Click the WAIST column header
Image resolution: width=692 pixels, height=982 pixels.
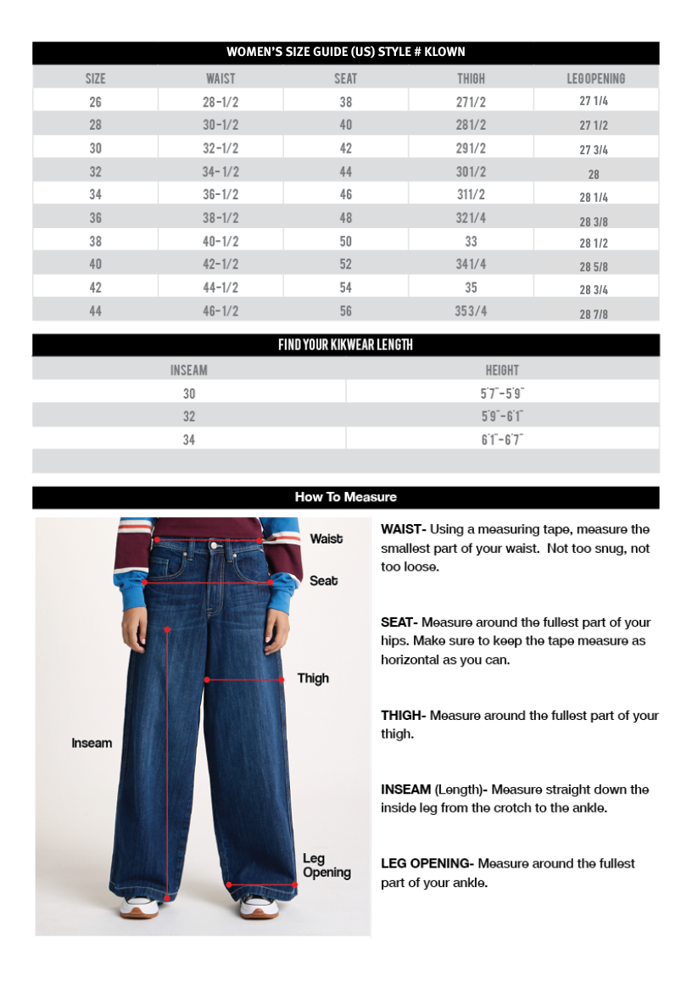(x=220, y=79)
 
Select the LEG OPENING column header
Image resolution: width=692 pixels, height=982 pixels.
(x=595, y=79)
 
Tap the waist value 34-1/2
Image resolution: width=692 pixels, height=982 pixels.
(x=220, y=171)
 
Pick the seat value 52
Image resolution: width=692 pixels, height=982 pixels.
(x=345, y=265)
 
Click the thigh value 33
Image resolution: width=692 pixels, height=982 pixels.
(x=471, y=241)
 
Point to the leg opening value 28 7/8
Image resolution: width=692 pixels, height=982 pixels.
(x=594, y=315)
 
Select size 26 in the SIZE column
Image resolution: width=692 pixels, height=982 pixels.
(x=95, y=102)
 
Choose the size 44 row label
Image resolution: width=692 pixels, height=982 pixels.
(x=95, y=311)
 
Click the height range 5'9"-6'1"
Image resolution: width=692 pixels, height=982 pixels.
(x=502, y=416)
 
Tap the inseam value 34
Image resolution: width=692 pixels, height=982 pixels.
(x=188, y=439)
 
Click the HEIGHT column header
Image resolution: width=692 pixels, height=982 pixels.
(x=502, y=371)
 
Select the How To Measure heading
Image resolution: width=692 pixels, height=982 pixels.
(x=345, y=497)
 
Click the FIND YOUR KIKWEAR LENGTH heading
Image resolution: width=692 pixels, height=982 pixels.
(x=345, y=345)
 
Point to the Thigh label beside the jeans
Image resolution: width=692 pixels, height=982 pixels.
(x=313, y=678)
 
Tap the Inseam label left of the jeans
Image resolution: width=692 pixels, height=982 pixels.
(x=92, y=743)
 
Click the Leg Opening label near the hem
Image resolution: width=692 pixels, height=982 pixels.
(x=326, y=866)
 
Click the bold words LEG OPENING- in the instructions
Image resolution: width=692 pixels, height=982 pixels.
(x=427, y=863)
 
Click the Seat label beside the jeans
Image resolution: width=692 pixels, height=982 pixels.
(x=323, y=581)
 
